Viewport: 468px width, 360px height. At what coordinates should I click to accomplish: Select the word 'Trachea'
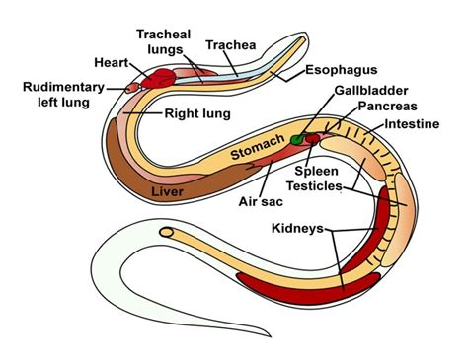[x=230, y=44]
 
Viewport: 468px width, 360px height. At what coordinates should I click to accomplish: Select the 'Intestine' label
[x=413, y=126]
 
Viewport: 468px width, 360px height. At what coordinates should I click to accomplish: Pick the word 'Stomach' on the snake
[x=259, y=147]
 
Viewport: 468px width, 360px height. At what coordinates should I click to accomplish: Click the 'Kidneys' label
[x=298, y=229]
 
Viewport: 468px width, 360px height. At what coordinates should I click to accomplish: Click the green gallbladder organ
[x=299, y=141]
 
